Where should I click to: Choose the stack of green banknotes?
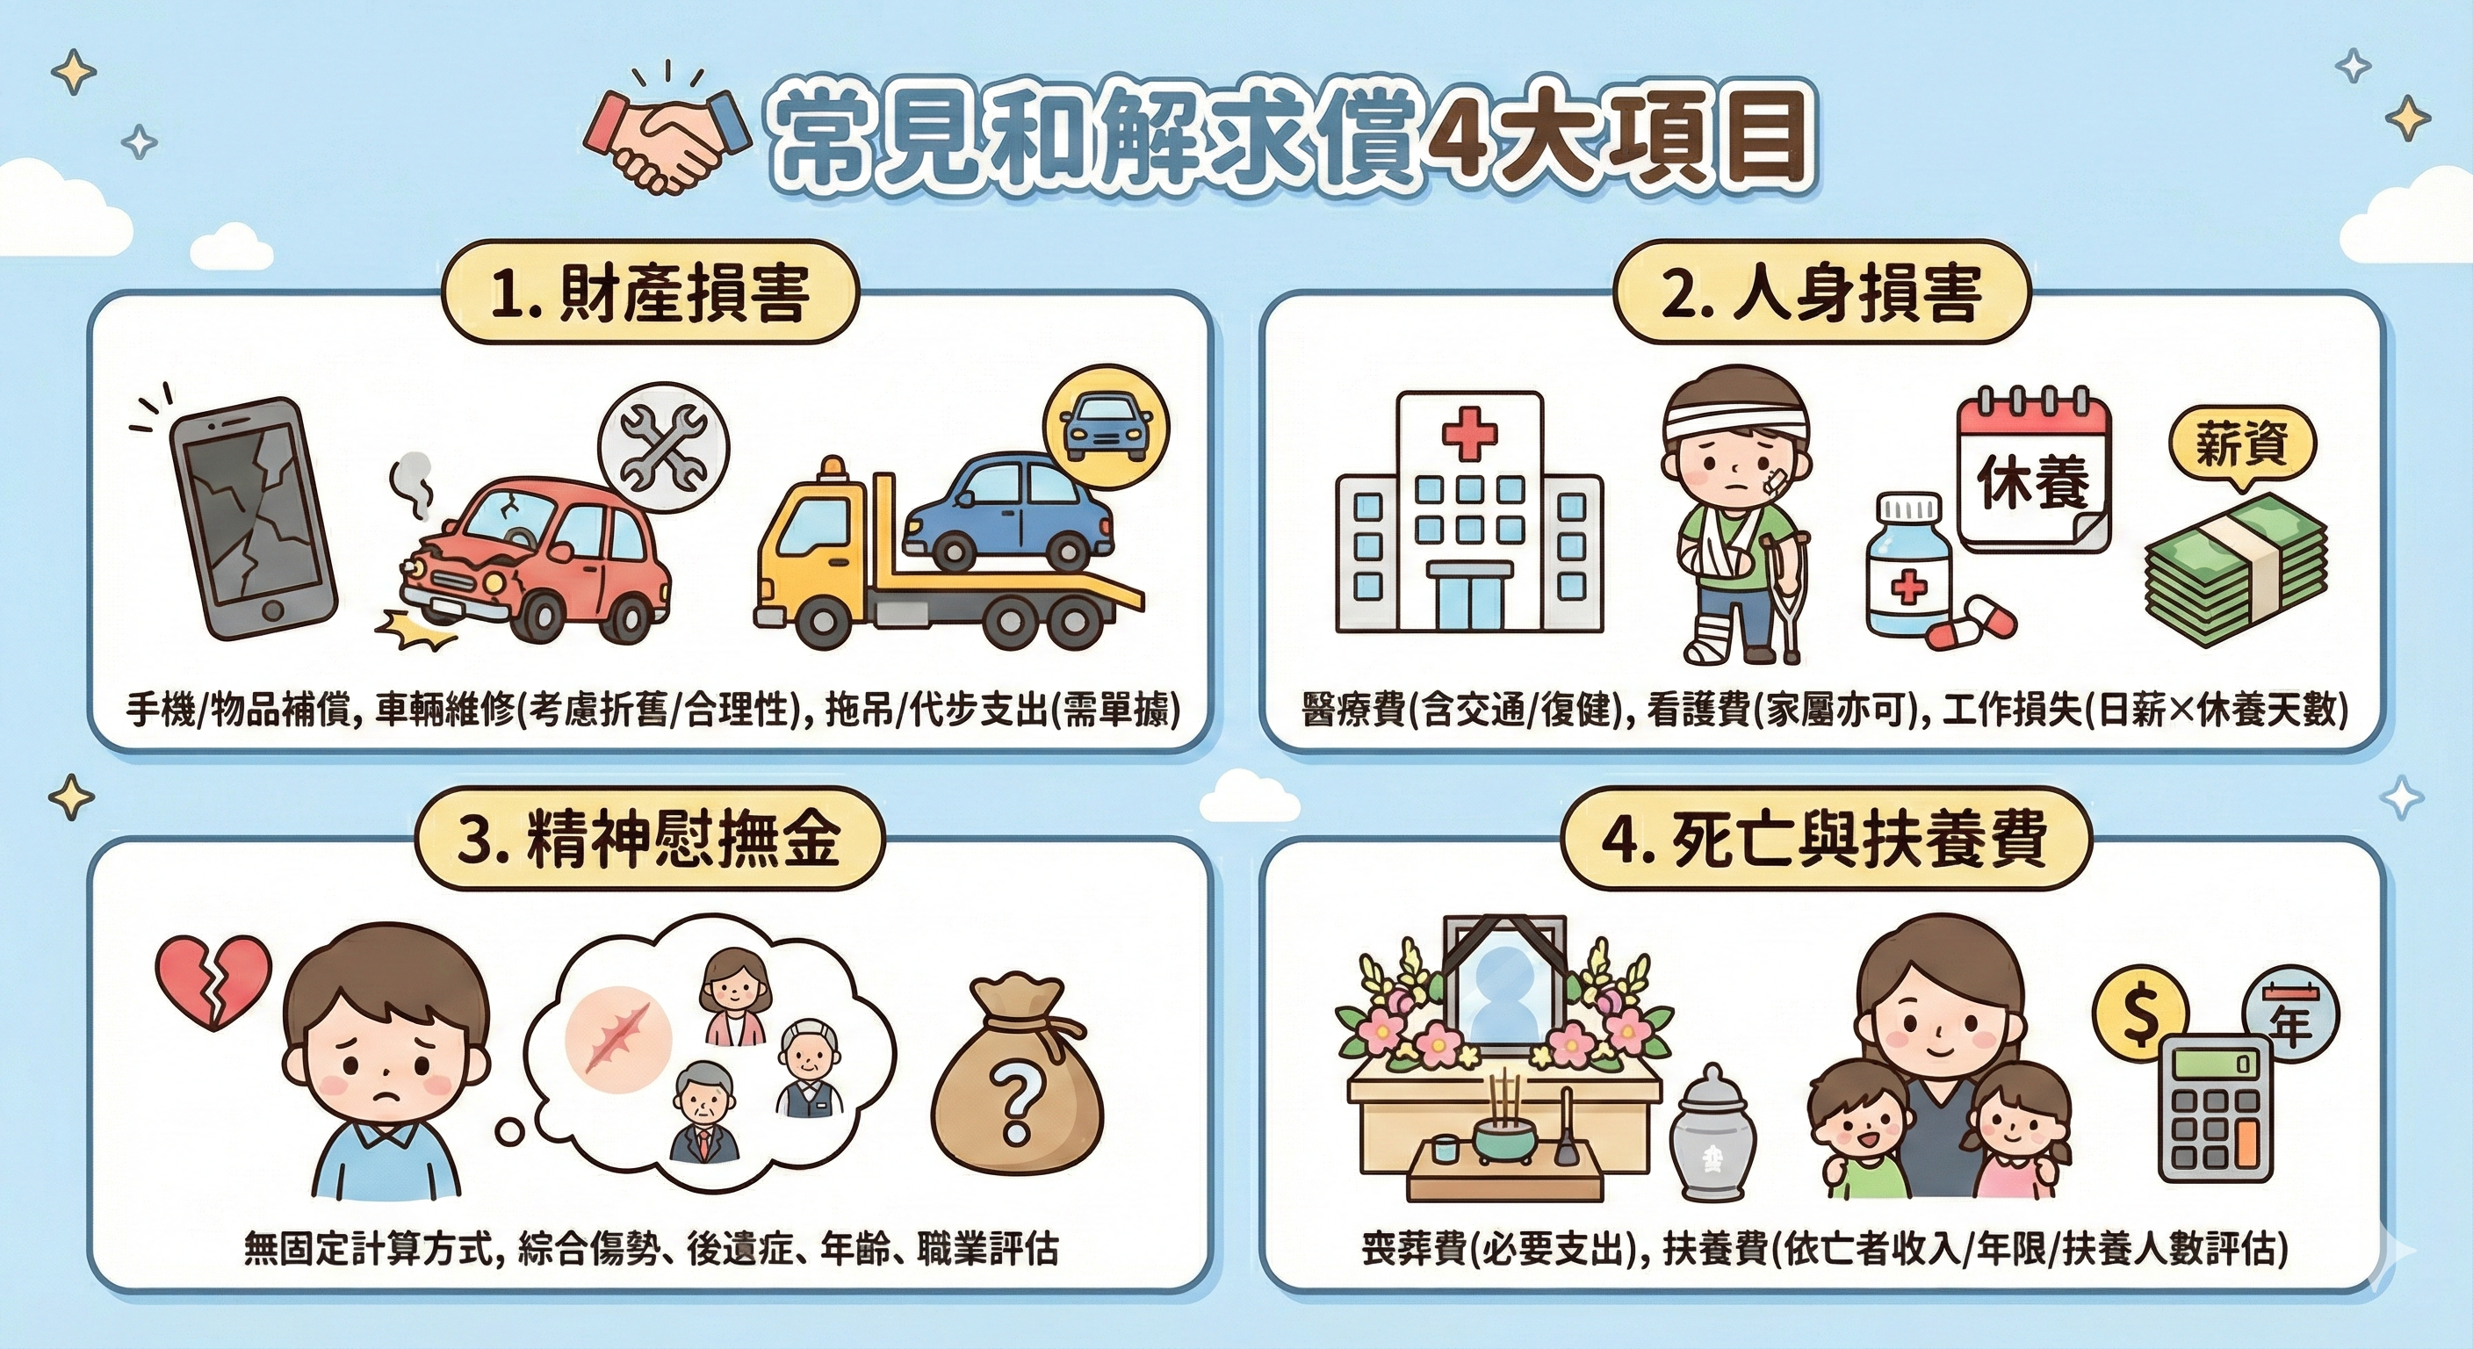click(2235, 569)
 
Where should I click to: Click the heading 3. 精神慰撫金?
click(648, 838)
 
